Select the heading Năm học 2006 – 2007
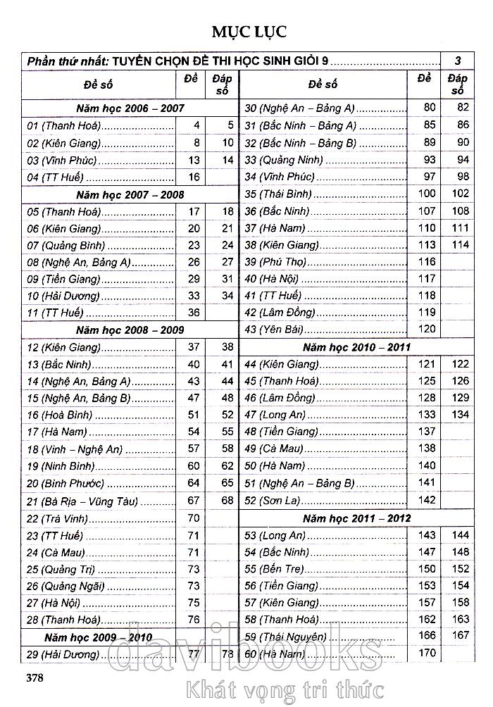pyautogui.click(x=130, y=108)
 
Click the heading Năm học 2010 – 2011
pyautogui.click(x=356, y=347)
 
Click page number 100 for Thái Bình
pyautogui.click(x=427, y=193)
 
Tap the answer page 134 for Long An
pyautogui.click(x=460, y=415)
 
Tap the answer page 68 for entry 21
pyautogui.click(x=227, y=501)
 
